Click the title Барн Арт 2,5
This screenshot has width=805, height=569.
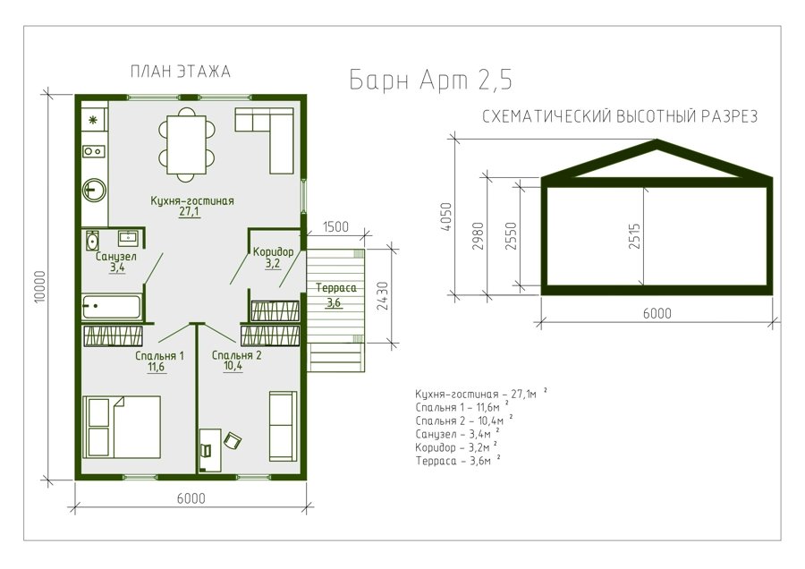coord(430,81)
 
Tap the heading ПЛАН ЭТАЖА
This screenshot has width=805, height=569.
coord(180,72)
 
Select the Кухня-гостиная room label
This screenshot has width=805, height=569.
coord(192,200)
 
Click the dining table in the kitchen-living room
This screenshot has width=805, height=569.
coord(186,145)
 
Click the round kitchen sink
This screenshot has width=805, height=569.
coord(94,190)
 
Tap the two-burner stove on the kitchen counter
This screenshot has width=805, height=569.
coord(94,151)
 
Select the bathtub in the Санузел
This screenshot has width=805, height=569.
coord(111,307)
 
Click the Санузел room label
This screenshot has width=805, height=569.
coord(116,256)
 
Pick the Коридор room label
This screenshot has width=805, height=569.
coord(273,251)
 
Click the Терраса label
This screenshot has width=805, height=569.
coord(335,288)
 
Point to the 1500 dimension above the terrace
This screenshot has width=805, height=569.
coord(335,226)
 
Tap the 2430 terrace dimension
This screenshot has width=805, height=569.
coord(383,296)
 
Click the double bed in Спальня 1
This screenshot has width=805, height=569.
coord(123,426)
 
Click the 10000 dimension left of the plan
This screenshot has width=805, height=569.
coord(40,286)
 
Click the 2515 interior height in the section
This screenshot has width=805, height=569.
coord(635,236)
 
